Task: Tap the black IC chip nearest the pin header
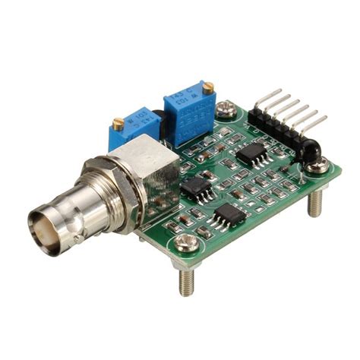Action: point(251,153)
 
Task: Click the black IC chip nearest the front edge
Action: point(226,216)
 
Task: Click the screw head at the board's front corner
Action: point(184,244)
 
